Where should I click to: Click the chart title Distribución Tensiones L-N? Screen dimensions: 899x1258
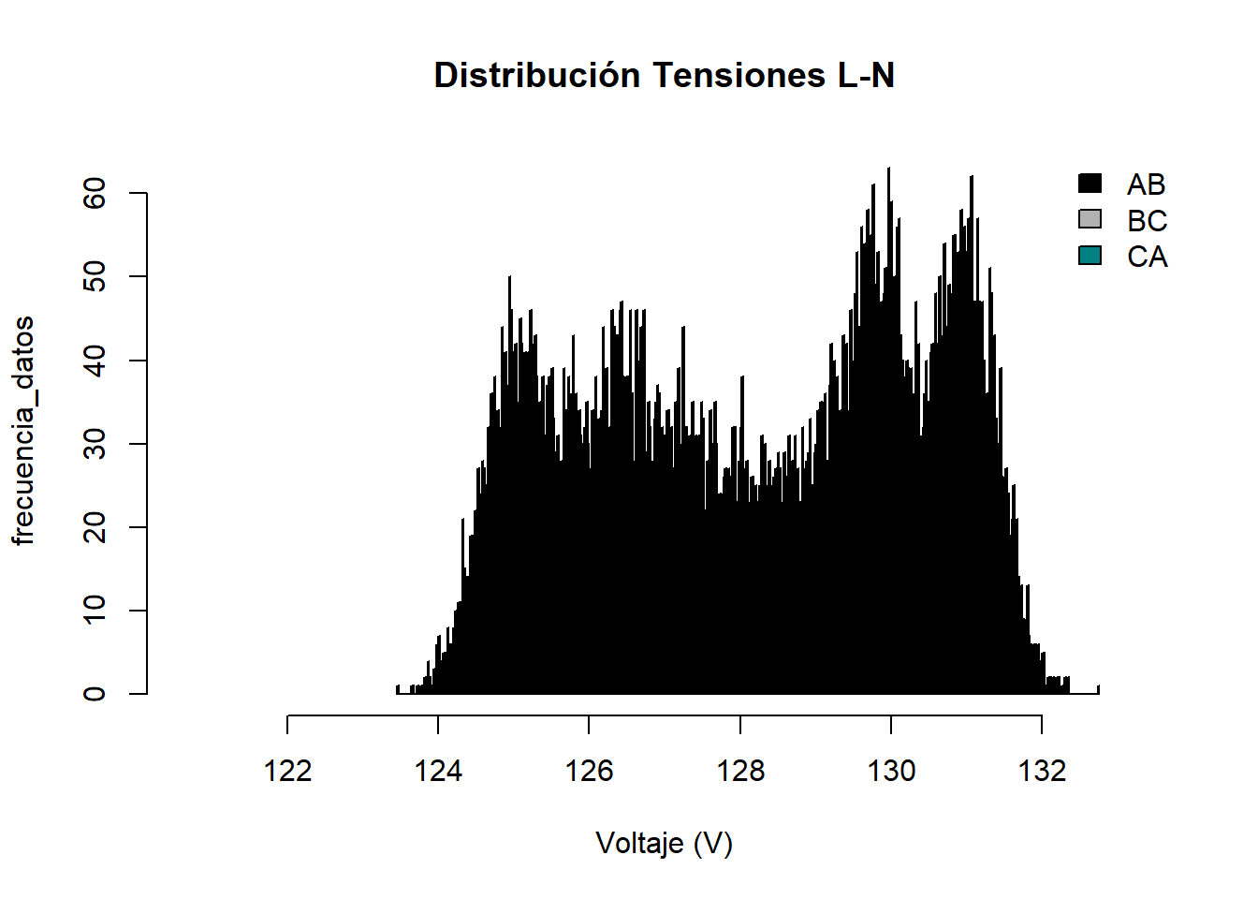pyautogui.click(x=664, y=75)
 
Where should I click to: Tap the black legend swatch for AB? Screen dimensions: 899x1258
pyautogui.click(x=1090, y=184)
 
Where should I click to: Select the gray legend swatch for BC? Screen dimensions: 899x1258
pyautogui.click(x=1090, y=219)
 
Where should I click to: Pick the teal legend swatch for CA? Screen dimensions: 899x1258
pyautogui.click(x=1090, y=255)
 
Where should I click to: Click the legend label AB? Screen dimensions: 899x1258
pyautogui.click(x=1147, y=184)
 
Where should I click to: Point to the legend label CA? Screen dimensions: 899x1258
pyautogui.click(x=1147, y=257)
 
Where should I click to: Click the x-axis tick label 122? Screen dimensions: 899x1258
pyautogui.click(x=287, y=771)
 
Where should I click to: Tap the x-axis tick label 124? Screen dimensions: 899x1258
pyautogui.click(x=438, y=771)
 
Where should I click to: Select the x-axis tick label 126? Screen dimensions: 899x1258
pyautogui.click(x=589, y=771)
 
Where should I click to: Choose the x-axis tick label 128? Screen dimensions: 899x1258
pyautogui.click(x=740, y=771)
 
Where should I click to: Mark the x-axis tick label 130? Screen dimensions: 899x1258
pyautogui.click(x=891, y=771)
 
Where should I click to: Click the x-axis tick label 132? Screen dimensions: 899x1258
pyautogui.click(x=1042, y=771)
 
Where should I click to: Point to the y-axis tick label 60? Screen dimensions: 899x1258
pyautogui.click(x=95, y=193)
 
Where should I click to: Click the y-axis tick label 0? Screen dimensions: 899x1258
pyautogui.click(x=95, y=694)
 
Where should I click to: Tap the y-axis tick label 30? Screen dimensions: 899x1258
pyautogui.click(x=95, y=444)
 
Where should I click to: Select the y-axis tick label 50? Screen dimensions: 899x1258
pyautogui.click(x=95, y=276)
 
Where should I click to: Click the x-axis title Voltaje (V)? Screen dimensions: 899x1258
pyautogui.click(x=664, y=843)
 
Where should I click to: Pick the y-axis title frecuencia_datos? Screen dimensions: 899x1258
pyautogui.click(x=23, y=431)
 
